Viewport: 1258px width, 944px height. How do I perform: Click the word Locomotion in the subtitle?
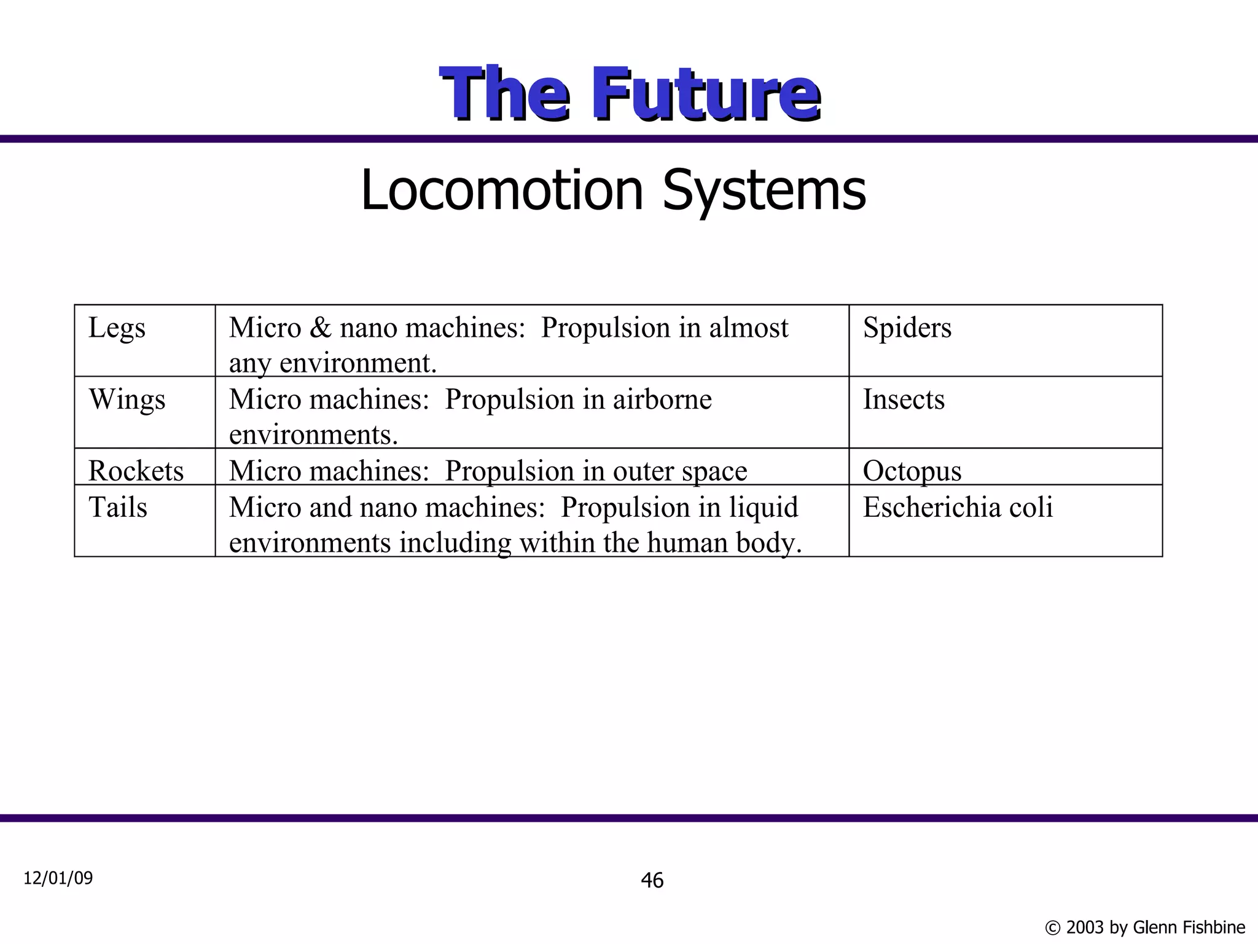[x=501, y=191]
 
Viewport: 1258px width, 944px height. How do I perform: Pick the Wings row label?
[x=127, y=400]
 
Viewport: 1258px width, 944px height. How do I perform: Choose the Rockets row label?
[x=136, y=471]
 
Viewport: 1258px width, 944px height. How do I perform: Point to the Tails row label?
[x=118, y=508]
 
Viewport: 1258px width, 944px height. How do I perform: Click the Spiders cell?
[x=907, y=328]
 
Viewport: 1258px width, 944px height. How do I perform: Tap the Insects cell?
[x=904, y=400]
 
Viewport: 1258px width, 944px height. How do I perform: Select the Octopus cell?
[x=912, y=471]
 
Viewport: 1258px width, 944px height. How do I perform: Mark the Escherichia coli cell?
[x=958, y=508]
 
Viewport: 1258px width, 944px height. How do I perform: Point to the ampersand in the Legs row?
[x=320, y=328]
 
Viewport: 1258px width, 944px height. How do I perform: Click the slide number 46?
[x=652, y=881]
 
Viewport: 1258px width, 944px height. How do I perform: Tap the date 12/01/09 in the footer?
[x=58, y=878]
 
